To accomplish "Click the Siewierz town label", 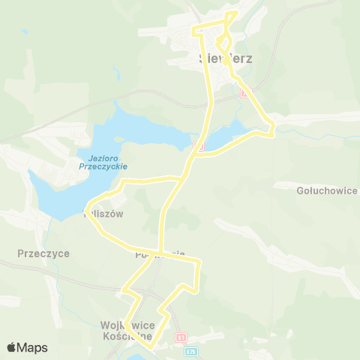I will (x=219, y=58).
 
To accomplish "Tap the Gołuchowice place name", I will (x=326, y=190).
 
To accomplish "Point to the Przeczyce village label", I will (x=44, y=253).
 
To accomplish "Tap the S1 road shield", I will (x=180, y=339).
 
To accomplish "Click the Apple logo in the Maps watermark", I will (x=11, y=347).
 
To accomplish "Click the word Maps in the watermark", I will (x=32, y=347).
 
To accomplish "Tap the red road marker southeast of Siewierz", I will (x=244, y=93).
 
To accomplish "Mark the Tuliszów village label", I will (x=103, y=213).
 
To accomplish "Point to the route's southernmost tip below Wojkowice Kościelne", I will (x=151, y=348).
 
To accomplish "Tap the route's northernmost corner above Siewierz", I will (x=237, y=12).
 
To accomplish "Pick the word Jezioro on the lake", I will (x=94, y=157).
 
